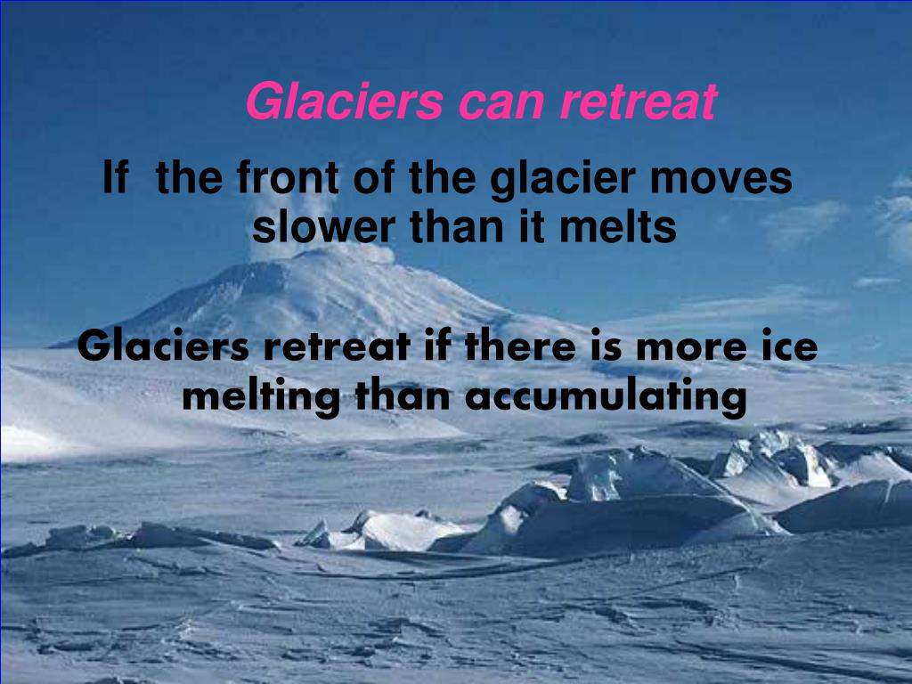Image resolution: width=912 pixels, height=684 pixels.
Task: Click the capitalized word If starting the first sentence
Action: click(116, 177)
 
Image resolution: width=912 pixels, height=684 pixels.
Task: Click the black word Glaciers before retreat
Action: click(164, 346)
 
